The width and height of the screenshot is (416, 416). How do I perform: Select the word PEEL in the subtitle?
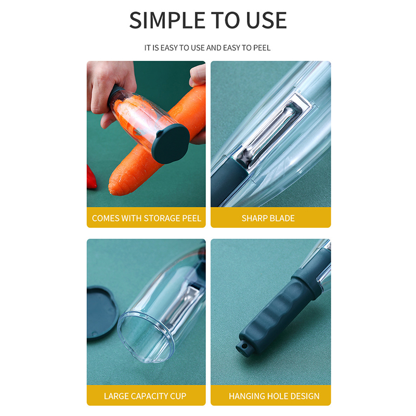[262, 48]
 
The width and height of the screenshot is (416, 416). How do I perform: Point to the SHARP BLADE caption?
[268, 218]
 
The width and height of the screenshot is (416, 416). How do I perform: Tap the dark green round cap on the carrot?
[171, 144]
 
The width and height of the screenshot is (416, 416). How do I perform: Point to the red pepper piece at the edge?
[91, 177]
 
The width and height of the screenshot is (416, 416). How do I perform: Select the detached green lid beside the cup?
[101, 312]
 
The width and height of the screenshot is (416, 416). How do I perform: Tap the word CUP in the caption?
[178, 396]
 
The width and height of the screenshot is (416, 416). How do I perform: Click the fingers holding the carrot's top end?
[198, 75]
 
